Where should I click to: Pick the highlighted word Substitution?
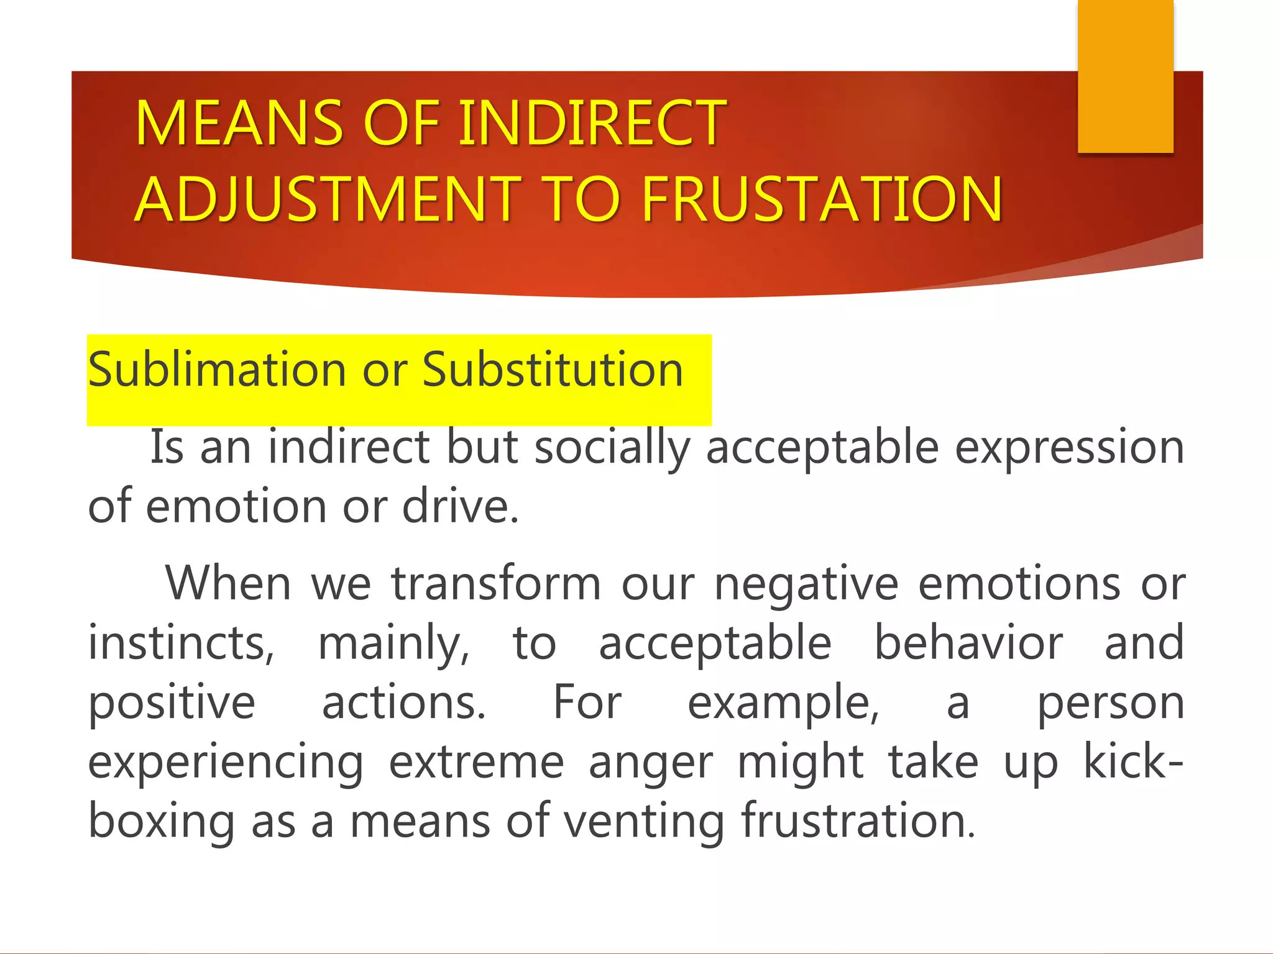(553, 370)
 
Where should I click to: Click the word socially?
(612, 447)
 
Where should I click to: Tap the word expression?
(1069, 447)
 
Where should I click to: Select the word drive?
(460, 506)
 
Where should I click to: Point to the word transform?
(495, 584)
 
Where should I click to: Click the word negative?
(806, 584)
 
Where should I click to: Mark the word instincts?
(181, 643)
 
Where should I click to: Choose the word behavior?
(968, 643)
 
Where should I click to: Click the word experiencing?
(226, 763)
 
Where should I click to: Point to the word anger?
(651, 763)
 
